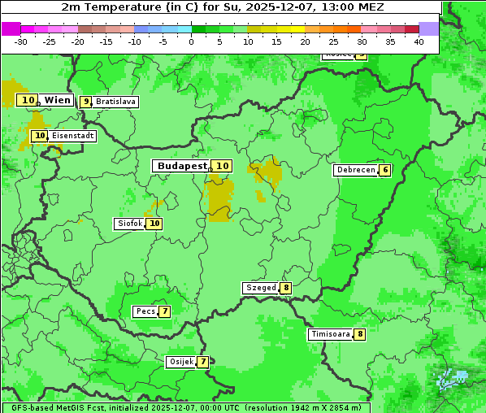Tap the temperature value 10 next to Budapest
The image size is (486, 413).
click(222, 166)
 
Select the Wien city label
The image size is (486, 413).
click(57, 100)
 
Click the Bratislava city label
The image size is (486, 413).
click(115, 102)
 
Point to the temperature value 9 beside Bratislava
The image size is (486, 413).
click(86, 102)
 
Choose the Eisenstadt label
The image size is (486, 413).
click(72, 136)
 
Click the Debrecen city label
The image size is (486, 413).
click(355, 170)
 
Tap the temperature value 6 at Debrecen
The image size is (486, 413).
click(385, 170)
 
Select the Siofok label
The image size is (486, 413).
click(129, 224)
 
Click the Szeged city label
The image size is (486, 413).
click(261, 288)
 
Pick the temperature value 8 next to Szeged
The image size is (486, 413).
click(286, 288)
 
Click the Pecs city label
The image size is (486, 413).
click(145, 311)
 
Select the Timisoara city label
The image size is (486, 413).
click(331, 334)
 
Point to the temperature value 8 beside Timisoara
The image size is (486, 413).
click(360, 334)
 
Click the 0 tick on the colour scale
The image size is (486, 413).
click(191, 41)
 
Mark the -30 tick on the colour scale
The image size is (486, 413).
click(21, 41)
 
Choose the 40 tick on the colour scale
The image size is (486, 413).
click(419, 41)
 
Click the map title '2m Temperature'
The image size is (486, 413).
click(106, 7)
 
